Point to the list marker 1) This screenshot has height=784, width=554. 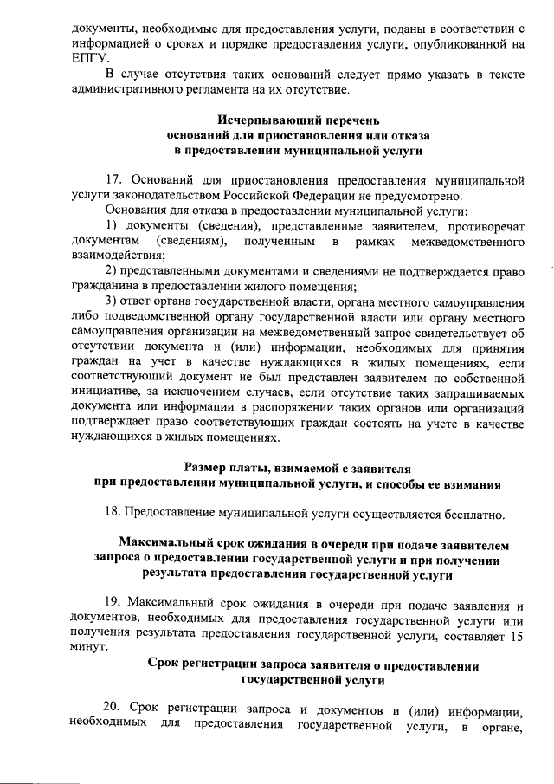click(x=111, y=225)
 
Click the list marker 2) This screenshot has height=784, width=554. click(x=111, y=271)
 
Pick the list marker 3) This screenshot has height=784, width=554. click(x=111, y=301)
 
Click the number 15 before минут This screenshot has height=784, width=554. click(x=516, y=633)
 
